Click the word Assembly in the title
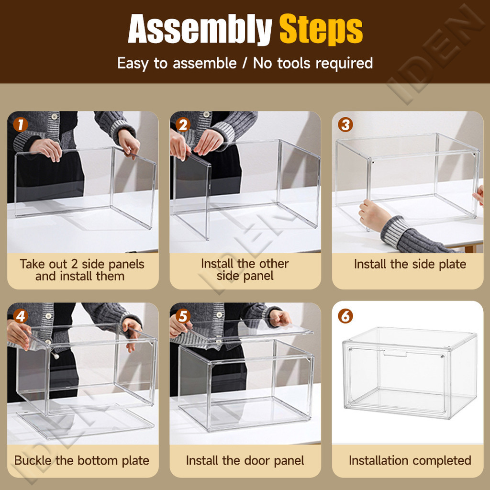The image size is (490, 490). (x=200, y=29)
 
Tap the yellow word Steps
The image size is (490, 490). (x=321, y=29)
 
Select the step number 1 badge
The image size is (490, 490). (x=21, y=125)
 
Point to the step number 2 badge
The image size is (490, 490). (x=183, y=125)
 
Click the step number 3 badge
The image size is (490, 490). (x=345, y=125)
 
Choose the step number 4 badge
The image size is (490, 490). (x=21, y=316)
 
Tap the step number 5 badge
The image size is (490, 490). (x=183, y=316)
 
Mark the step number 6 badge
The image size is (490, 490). (x=345, y=316)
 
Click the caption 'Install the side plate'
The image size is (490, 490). (x=410, y=264)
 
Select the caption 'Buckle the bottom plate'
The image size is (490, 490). (x=82, y=461)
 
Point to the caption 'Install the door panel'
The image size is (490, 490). (x=245, y=461)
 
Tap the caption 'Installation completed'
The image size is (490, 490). (x=410, y=461)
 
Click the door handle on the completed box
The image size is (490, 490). (x=395, y=354)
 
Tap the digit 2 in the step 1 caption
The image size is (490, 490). (x=74, y=264)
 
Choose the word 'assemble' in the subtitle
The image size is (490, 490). (x=205, y=63)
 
